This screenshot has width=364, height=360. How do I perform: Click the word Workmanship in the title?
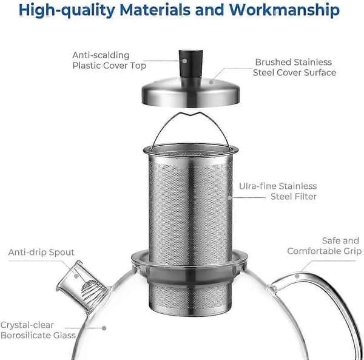pos(285,10)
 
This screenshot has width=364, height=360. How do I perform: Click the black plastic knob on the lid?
pos(191,63)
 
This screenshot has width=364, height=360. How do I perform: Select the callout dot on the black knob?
pos(185,61)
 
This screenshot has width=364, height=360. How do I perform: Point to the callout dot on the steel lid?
pos(211,82)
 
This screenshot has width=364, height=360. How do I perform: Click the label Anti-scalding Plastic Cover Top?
pos(109,60)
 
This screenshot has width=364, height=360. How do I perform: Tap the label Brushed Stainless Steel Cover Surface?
pos(294,67)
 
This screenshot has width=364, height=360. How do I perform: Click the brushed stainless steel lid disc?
pos(190,92)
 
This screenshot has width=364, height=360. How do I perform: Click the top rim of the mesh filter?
pos(191,149)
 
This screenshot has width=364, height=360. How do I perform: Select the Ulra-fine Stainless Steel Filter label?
pos(278,191)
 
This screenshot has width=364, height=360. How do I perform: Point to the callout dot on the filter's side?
pos(229,198)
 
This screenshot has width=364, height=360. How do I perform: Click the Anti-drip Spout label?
pos(41,252)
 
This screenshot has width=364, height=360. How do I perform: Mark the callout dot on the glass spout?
pos(76,276)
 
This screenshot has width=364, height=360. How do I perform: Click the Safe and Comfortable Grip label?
pos(325,246)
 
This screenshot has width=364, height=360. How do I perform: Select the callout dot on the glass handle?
pos(297,276)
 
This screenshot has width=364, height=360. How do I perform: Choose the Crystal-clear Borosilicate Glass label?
pos(38,330)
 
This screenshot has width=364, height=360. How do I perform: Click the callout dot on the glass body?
pos(104,328)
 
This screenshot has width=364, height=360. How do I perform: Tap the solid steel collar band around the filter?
pos(190,275)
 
